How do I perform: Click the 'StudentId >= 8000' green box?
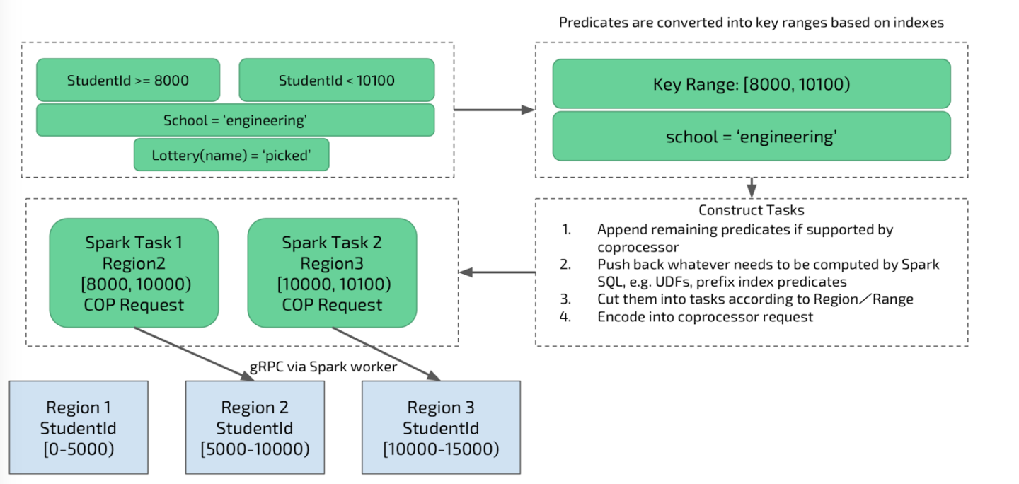(x=128, y=80)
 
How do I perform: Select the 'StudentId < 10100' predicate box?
(x=336, y=80)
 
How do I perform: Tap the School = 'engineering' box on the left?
(x=235, y=120)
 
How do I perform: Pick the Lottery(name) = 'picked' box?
(x=231, y=155)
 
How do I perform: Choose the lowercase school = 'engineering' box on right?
(x=751, y=137)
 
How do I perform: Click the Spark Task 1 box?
(x=134, y=273)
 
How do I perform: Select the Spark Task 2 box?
(x=332, y=273)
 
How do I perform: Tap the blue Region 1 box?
(x=79, y=427)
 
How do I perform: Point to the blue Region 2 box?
(x=255, y=427)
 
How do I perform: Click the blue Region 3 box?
(x=441, y=427)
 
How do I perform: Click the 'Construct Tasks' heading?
(x=751, y=210)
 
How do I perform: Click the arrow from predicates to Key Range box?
(x=493, y=110)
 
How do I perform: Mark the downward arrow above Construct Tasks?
(x=752, y=188)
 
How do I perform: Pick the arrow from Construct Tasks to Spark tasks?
(x=497, y=272)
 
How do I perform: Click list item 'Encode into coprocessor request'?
(x=705, y=317)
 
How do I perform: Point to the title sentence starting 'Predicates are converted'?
(x=751, y=22)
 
